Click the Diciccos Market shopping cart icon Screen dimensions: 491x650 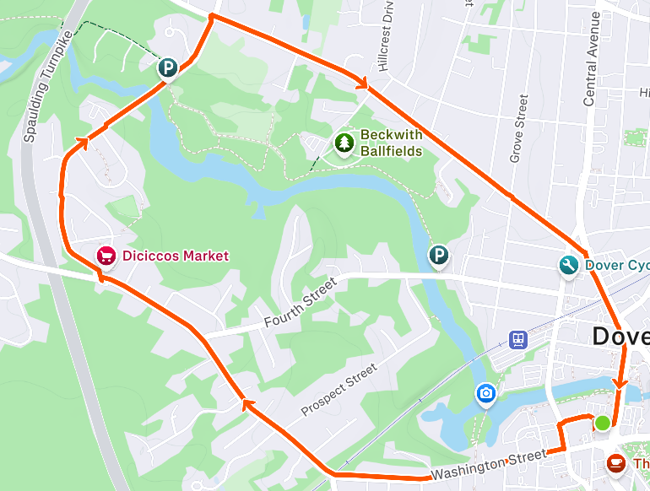pos(106,255)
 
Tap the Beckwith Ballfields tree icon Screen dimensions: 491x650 pos(344,143)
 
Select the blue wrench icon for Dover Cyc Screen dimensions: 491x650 pos(569,266)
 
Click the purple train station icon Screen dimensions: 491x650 pos(517,339)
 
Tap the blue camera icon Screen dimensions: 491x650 pos(485,393)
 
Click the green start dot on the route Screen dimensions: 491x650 pos(603,423)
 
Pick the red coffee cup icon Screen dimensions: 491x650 pos(616,463)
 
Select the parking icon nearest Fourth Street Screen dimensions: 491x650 pos(438,256)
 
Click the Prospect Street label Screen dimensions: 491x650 pos(339,391)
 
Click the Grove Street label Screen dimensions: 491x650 pos(518,128)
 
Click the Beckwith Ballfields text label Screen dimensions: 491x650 pos(390,143)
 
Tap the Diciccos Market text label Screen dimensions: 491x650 pos(175,255)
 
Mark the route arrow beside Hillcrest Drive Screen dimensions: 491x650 pos(363,83)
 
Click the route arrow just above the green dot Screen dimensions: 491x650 pos(620,384)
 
